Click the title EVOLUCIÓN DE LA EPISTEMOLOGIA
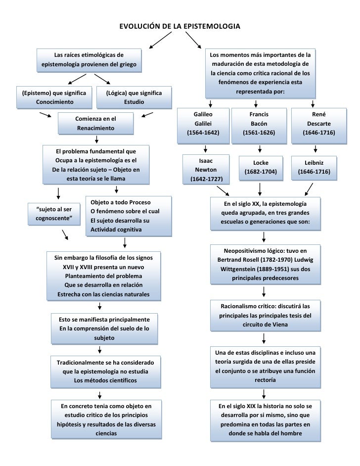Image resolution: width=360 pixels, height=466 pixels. (180, 25)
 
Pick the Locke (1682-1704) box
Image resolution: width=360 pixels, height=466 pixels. (261, 167)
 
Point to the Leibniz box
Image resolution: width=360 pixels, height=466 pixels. (314, 167)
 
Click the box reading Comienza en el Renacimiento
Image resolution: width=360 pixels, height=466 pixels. (95, 124)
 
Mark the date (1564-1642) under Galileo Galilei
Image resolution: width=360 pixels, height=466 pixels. (203, 133)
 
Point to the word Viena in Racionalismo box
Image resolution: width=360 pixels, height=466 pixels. (275, 325)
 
